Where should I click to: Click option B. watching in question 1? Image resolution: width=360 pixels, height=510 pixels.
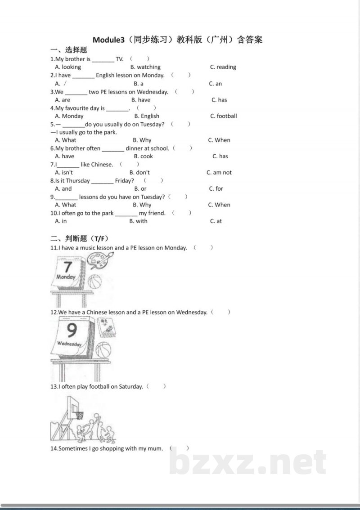coord(145,67)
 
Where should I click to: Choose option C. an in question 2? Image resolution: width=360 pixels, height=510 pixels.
coord(215,84)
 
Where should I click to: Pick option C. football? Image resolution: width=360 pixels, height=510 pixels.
coord(223,116)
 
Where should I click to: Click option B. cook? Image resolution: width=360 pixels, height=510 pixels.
coord(143,157)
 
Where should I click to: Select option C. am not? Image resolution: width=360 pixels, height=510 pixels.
coord(219,173)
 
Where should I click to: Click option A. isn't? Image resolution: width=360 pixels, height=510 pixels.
coord(64,173)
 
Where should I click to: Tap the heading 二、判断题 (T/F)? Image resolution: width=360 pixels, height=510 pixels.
coord(79,238)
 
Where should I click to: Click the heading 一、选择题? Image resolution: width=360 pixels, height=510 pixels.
coord(68,50)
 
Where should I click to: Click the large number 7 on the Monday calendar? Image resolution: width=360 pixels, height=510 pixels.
coord(67,266)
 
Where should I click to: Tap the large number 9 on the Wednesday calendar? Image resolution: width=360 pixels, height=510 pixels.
coord(72,331)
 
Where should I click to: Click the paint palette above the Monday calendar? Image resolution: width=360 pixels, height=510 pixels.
coord(100,260)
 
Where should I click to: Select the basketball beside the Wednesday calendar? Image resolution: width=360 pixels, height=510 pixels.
coord(103,350)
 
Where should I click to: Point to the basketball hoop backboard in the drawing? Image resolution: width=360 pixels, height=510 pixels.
coord(72,407)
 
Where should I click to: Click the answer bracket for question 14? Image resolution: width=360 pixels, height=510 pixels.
coord(179,448)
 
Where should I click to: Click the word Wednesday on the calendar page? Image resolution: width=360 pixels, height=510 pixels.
coord(69,344)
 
